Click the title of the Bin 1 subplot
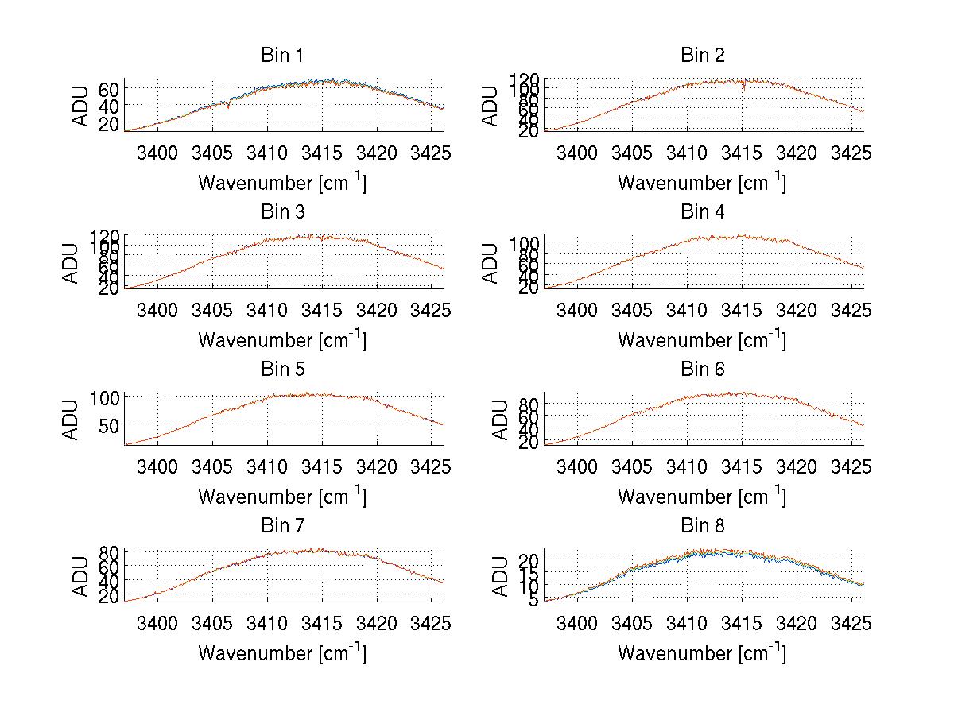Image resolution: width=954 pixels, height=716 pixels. pos(282,56)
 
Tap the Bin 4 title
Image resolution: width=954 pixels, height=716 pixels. pos(703,212)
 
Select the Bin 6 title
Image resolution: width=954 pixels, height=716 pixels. pos(703,369)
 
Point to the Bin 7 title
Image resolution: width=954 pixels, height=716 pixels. pos(282,526)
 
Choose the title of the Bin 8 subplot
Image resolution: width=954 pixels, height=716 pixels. pos(703,526)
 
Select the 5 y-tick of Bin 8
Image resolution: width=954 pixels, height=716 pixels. pos(534,599)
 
